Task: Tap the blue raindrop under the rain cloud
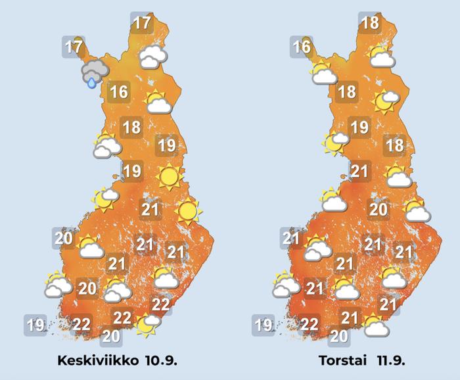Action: tap(92, 83)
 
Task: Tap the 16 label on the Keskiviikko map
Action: tap(118, 91)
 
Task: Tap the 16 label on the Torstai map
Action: tap(302, 47)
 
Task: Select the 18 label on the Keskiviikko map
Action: tap(132, 127)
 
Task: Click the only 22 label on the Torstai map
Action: tap(310, 323)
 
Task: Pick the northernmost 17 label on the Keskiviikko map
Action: tap(141, 23)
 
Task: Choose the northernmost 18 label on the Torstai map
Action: tap(370, 23)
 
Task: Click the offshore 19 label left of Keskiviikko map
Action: tap(35, 324)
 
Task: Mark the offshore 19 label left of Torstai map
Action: tap(264, 324)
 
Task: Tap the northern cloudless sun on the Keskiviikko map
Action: tap(169, 176)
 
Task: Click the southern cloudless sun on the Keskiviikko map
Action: tap(188, 210)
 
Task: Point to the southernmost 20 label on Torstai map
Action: tap(338, 336)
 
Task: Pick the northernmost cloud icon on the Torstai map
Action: tap(381, 57)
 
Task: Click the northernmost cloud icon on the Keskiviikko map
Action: tap(152, 57)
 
